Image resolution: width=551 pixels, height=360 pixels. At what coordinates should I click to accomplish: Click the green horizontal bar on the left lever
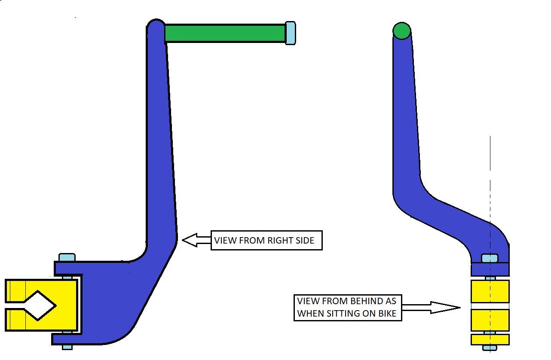point(225,33)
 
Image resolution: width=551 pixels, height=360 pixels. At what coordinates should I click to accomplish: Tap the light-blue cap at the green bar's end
point(291,33)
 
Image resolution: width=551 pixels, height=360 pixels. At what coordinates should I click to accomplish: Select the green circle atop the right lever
point(402,31)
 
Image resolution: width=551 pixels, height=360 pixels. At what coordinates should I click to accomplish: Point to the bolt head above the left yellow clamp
point(67,258)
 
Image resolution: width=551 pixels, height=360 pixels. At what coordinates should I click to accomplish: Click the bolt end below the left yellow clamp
point(67,346)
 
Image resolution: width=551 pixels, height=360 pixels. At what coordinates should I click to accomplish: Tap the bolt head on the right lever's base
point(490,258)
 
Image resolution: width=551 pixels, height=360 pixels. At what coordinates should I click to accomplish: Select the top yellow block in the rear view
point(490,291)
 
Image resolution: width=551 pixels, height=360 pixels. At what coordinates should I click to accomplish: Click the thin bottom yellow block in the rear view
point(490,339)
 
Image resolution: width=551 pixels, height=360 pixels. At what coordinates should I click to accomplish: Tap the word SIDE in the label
point(304,241)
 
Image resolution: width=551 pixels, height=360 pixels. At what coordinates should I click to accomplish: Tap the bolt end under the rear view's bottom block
point(490,347)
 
